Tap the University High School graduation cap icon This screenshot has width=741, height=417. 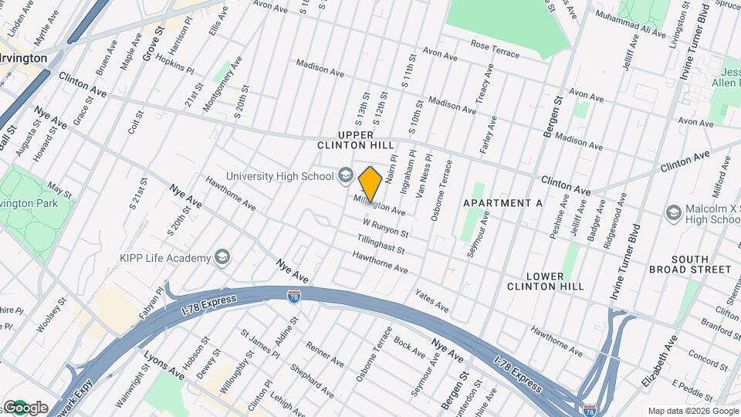[x=345, y=176]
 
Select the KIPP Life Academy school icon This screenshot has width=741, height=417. [x=222, y=257]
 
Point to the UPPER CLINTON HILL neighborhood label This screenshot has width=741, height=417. [x=356, y=139]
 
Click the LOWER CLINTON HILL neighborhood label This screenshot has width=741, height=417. [x=545, y=281]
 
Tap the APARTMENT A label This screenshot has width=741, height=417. [x=502, y=202]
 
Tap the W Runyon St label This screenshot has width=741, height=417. [x=385, y=227]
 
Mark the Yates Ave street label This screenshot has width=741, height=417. [x=431, y=301]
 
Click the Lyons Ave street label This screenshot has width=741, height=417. [x=164, y=364]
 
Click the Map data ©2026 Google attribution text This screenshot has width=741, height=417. [x=692, y=410]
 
